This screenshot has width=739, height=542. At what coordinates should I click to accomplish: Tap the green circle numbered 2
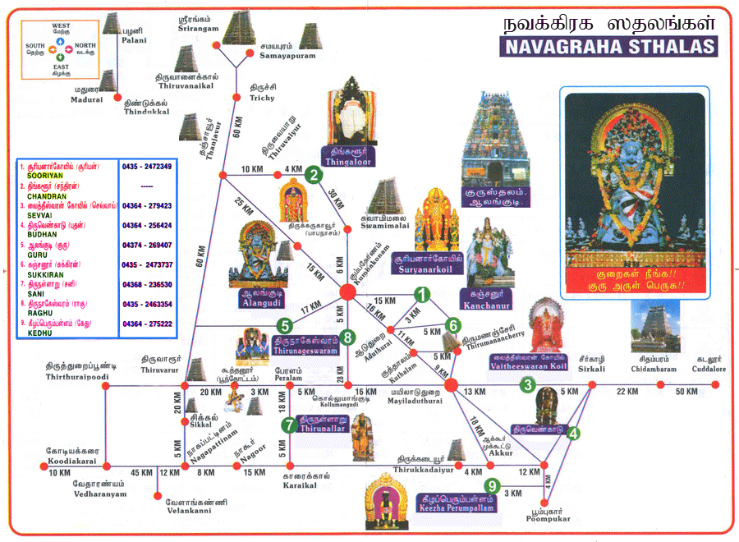point(312,174)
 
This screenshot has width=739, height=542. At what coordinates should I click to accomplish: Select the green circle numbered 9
point(491,486)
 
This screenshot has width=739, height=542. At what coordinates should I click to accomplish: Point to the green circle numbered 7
point(289,425)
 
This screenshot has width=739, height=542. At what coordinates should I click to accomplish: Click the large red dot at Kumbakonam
point(347,292)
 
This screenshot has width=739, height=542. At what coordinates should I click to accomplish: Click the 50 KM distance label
point(686,392)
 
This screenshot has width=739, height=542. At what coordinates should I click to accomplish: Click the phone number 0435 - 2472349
point(147,167)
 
